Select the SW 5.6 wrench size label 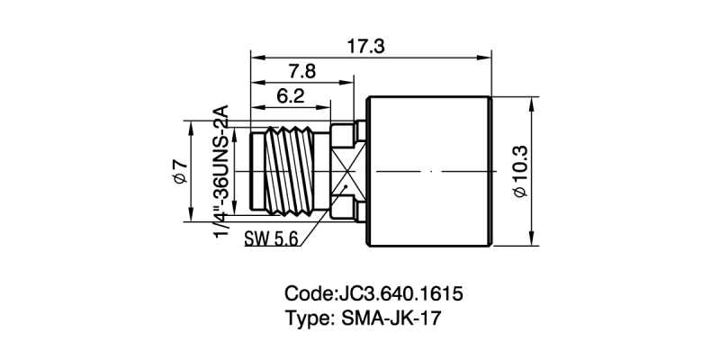click(x=271, y=239)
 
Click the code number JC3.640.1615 click(x=400, y=293)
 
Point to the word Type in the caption click(x=308, y=317)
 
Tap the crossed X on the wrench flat click(x=345, y=170)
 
